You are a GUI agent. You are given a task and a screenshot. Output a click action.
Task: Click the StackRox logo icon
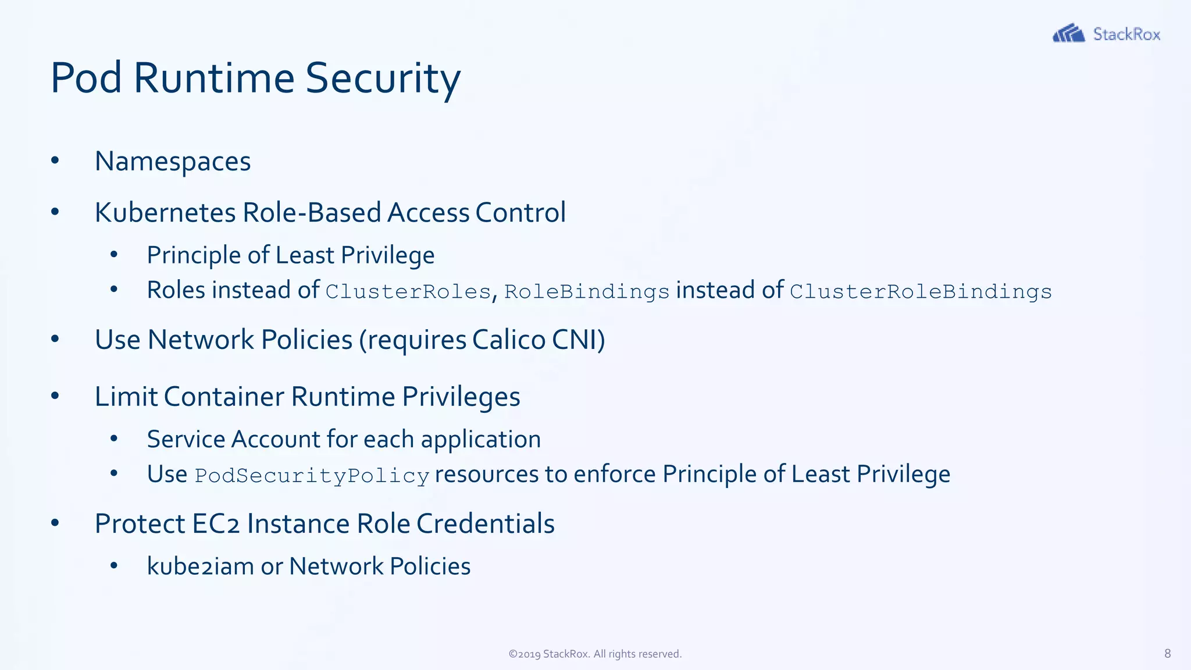click(x=1068, y=33)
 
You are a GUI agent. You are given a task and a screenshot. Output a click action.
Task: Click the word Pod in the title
click(x=86, y=78)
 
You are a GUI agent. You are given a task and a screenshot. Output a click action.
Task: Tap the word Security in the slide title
click(x=383, y=78)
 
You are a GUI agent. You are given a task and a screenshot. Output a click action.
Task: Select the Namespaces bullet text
click(x=173, y=162)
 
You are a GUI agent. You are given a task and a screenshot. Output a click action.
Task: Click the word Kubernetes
click(x=165, y=212)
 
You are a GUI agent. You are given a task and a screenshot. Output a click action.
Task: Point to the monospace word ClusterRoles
click(x=408, y=291)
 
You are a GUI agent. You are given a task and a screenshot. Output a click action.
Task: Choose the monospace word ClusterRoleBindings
click(x=921, y=291)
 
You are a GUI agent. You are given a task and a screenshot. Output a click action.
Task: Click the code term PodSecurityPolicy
click(x=312, y=476)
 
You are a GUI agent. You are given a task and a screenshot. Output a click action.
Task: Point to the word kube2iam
click(x=200, y=566)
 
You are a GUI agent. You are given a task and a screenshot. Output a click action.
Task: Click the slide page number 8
click(x=1167, y=654)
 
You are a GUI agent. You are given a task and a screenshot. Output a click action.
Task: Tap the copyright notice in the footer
click(x=595, y=654)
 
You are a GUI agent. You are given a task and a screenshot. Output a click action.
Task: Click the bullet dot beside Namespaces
click(x=55, y=161)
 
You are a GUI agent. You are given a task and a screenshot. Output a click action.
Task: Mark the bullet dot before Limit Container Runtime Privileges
click(x=55, y=396)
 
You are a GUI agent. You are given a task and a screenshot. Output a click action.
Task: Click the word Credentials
click(x=485, y=523)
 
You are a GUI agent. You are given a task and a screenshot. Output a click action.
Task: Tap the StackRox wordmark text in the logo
click(x=1126, y=34)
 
